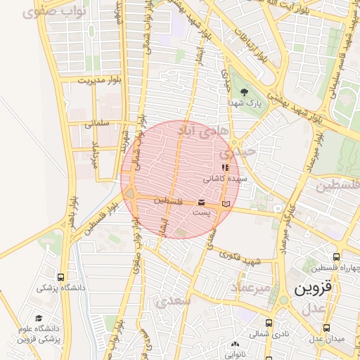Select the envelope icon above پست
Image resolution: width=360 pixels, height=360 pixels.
click(x=202, y=202)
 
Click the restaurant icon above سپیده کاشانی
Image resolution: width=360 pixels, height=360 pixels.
click(x=224, y=168)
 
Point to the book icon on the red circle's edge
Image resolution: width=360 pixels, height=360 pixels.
click(x=225, y=203)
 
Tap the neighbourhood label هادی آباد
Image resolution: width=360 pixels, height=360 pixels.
click(x=203, y=131)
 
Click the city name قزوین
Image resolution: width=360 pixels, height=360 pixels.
click(x=311, y=288)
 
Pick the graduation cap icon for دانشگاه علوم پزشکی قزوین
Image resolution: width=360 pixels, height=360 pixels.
click(x=39, y=319)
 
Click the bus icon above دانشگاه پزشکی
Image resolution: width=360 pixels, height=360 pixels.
click(x=61, y=277)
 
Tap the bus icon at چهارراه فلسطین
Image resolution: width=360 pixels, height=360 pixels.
click(x=336, y=257)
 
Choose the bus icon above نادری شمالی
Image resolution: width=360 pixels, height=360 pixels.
click(x=269, y=323)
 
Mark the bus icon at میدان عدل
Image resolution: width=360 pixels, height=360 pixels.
click(x=326, y=328)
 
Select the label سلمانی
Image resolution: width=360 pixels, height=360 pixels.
click(x=98, y=122)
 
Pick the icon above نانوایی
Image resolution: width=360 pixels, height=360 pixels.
click(x=235, y=345)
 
